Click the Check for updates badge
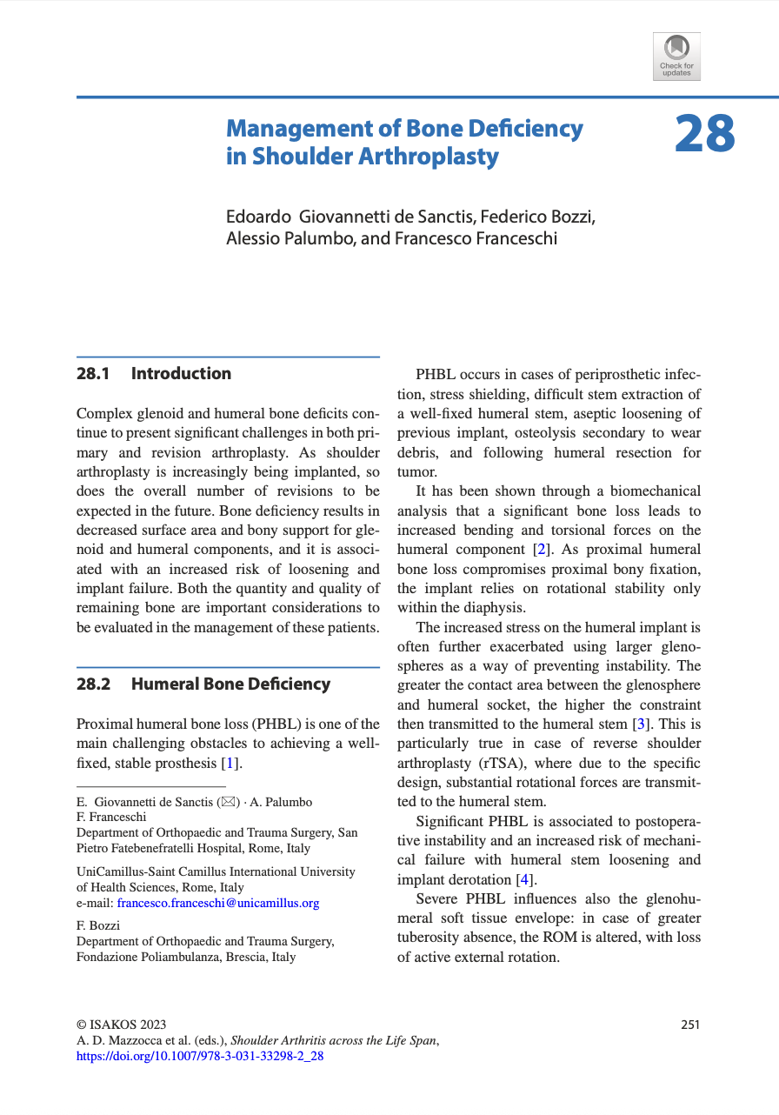click(x=676, y=57)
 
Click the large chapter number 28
click(x=704, y=135)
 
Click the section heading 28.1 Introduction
click(x=154, y=374)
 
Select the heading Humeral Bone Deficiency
click(x=230, y=684)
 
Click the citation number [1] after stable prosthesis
click(x=230, y=764)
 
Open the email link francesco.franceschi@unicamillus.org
click(x=217, y=903)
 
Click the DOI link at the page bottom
click(x=200, y=1057)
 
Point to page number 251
click(x=690, y=1025)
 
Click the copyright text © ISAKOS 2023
click(x=122, y=1025)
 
